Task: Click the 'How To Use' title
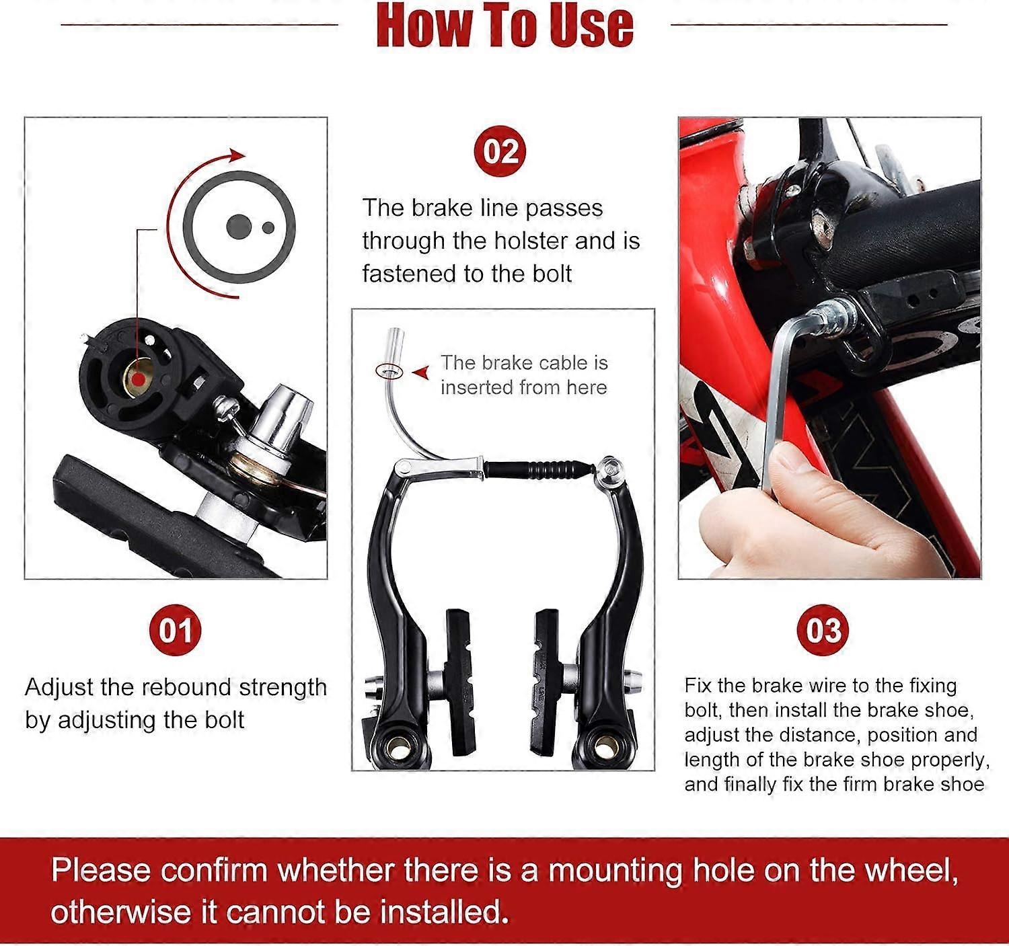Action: pyautogui.click(x=504, y=26)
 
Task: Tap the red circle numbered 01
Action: pyautogui.click(x=175, y=631)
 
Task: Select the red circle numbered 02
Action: pyautogui.click(x=500, y=151)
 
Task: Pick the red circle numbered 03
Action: pyautogui.click(x=823, y=631)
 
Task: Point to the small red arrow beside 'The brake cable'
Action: pyautogui.click(x=422, y=372)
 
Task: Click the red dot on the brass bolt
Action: pyautogui.click(x=138, y=380)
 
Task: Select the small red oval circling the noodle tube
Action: pyautogui.click(x=388, y=370)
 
